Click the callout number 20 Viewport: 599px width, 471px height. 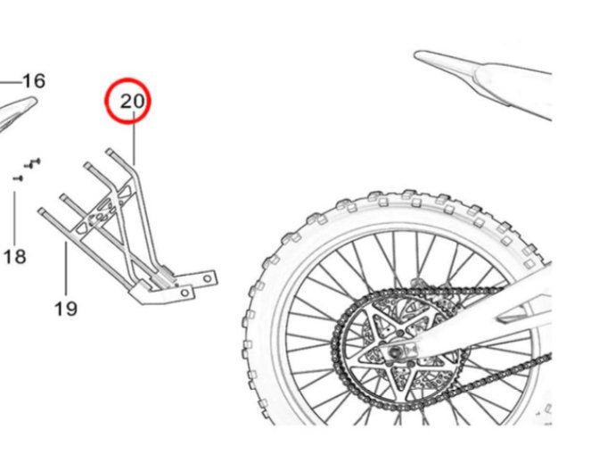tap(132, 102)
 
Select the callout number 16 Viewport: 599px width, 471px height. tap(33, 81)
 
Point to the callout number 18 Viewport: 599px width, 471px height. tap(14, 257)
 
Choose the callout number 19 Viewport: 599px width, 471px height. tap(65, 309)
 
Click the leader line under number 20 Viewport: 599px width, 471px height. tap(135, 143)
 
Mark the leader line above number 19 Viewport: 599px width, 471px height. tap(66, 268)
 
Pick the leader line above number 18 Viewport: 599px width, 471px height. tap(15, 214)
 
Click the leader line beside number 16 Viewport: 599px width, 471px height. tap(10, 82)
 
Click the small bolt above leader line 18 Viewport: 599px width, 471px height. tap(17, 178)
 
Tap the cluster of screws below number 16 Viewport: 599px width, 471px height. tap(34, 162)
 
